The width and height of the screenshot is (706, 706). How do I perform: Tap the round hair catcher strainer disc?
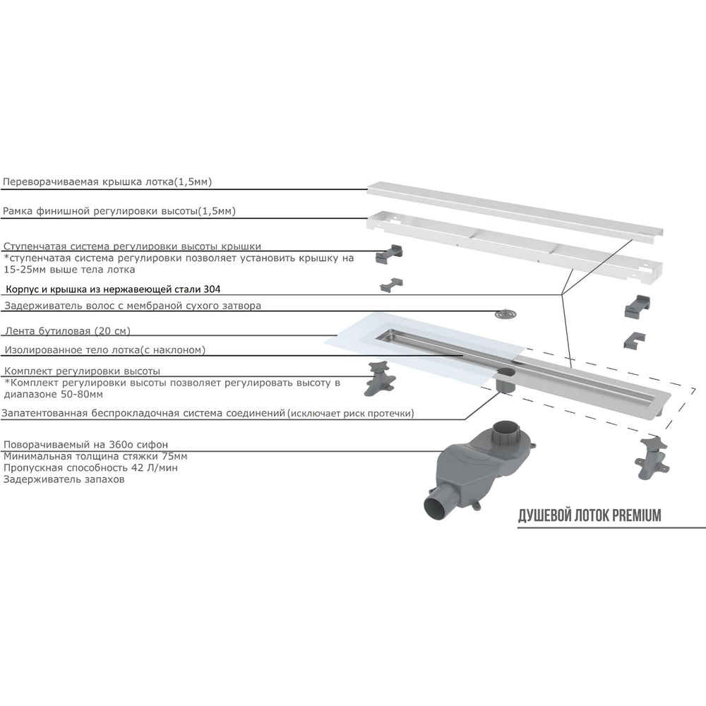coord(505,315)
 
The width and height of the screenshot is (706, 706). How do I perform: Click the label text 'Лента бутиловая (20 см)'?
coord(67,330)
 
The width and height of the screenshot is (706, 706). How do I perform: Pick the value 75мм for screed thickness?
coord(174,456)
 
